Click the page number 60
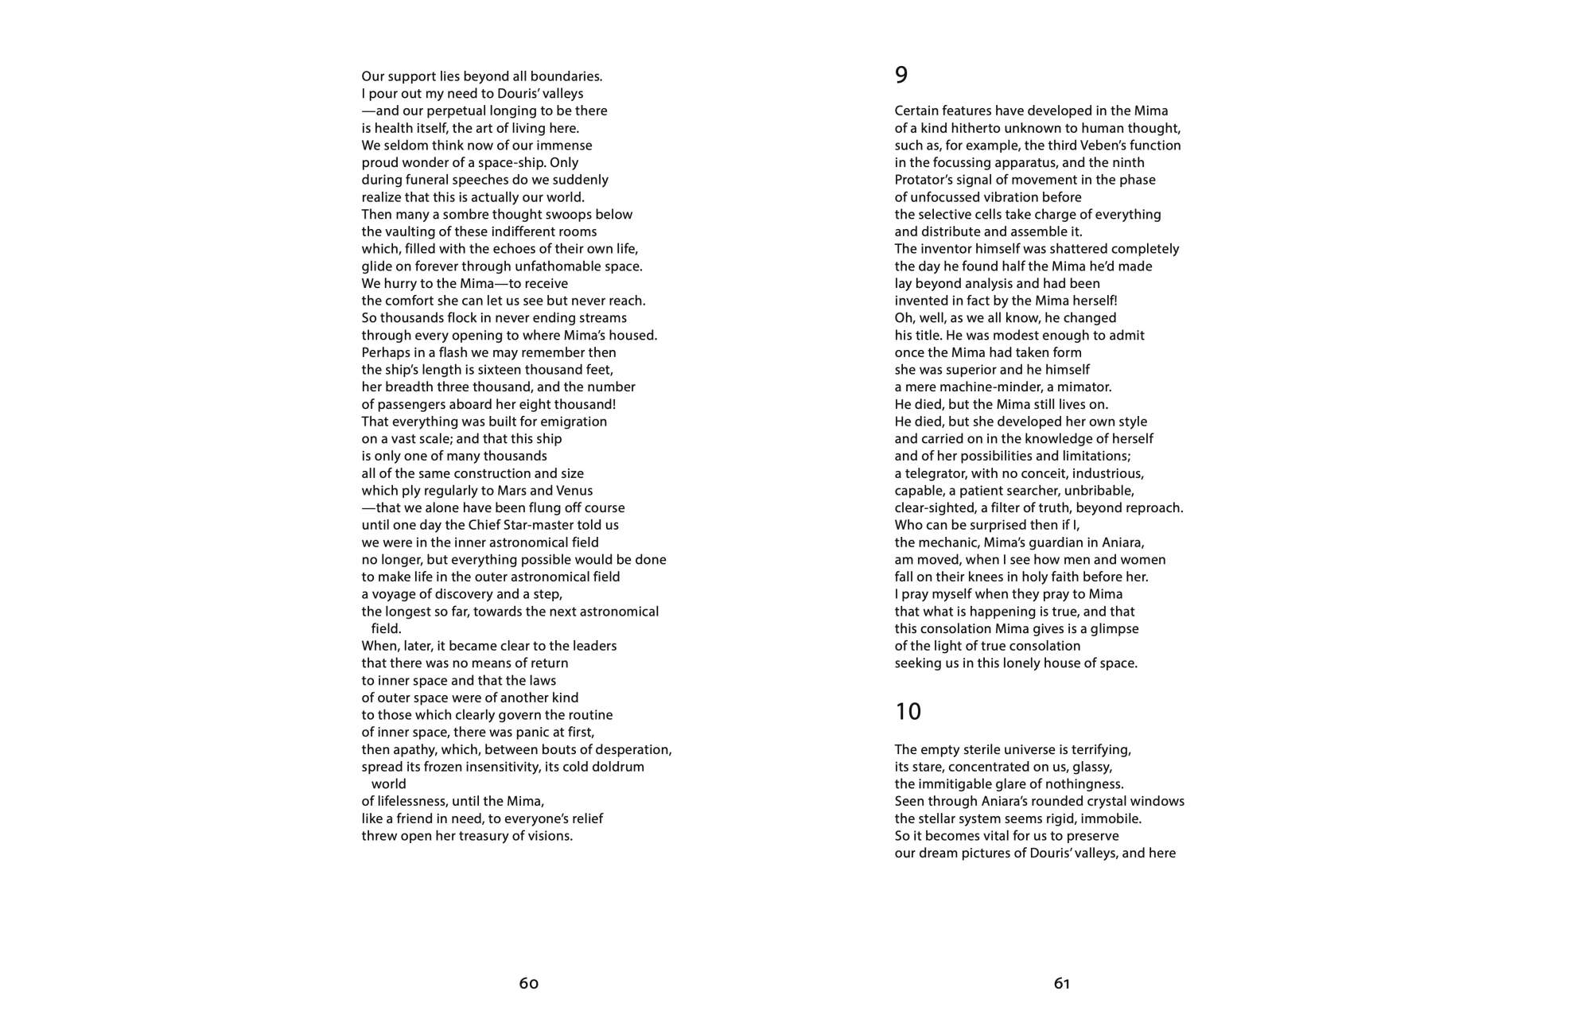click(x=529, y=984)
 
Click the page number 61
click(x=1062, y=984)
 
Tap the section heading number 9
click(x=901, y=75)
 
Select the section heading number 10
click(x=908, y=711)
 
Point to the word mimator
click(x=1084, y=387)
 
